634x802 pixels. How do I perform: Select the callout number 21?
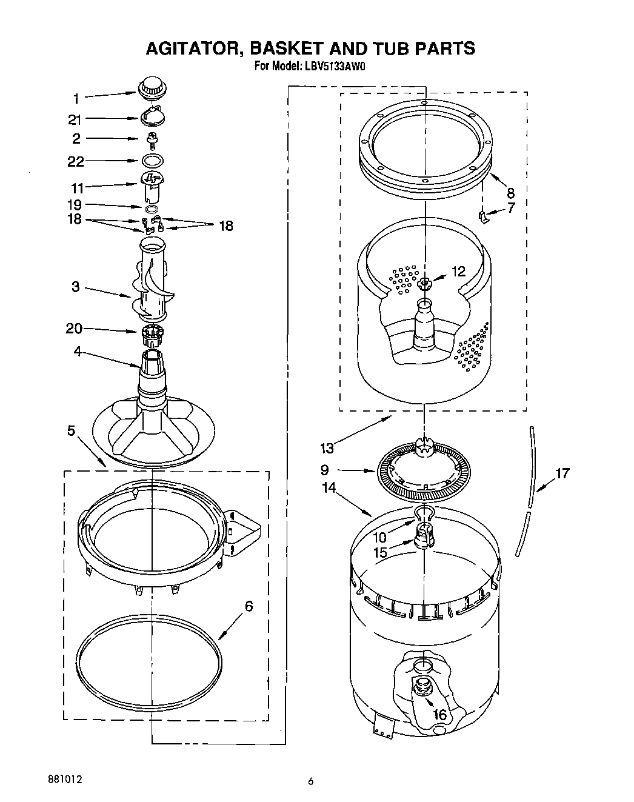pos(75,119)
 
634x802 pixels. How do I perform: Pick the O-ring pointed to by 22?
pos(153,161)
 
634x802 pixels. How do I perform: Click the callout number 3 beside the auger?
pos(75,287)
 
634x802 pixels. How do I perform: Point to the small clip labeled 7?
pos(483,216)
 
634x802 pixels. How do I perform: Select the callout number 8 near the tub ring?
pos(510,193)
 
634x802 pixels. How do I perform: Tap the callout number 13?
pos(327,448)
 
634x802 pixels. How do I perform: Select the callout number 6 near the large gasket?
pos(249,606)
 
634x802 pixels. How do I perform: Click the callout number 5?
pos(72,431)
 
